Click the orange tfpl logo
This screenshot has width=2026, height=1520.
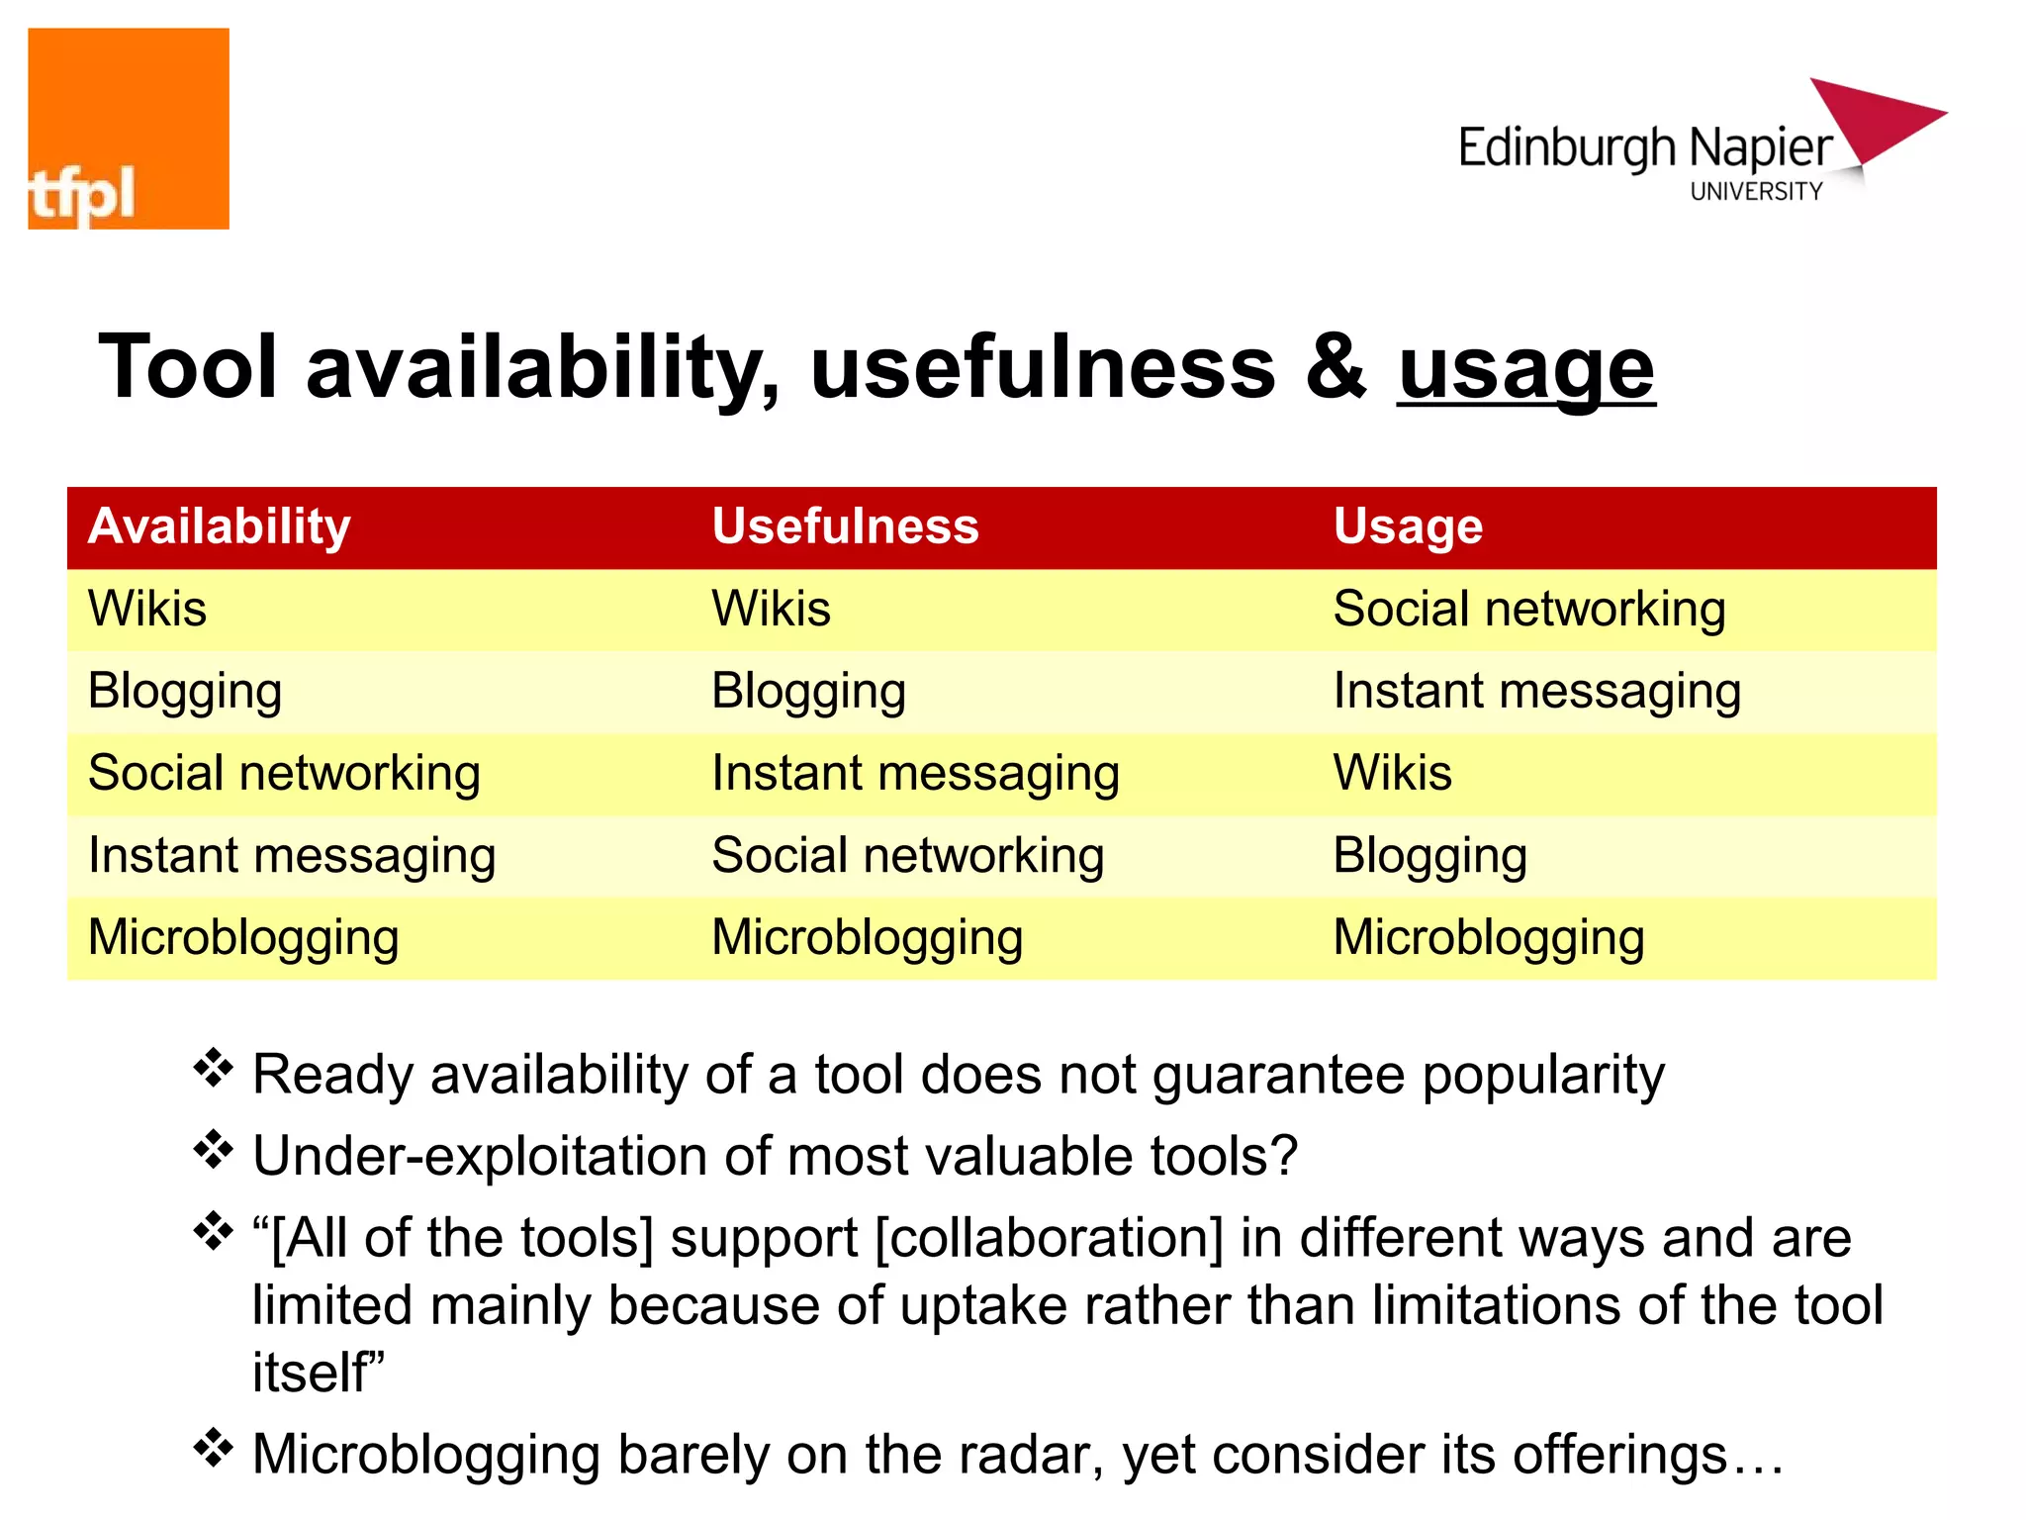pyautogui.click(x=129, y=129)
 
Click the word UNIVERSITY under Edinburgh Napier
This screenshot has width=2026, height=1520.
pyautogui.click(x=1756, y=192)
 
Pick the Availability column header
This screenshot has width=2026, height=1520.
pyautogui.click(x=220, y=526)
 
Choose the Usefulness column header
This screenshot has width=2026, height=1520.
pyautogui.click(x=845, y=526)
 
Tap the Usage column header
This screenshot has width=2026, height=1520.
pyautogui.click(x=1408, y=526)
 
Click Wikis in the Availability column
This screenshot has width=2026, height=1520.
pyautogui.click(x=147, y=609)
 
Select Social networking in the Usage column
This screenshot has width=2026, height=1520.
pyautogui.click(x=1529, y=609)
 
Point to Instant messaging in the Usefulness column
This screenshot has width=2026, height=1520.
pyautogui.click(x=915, y=774)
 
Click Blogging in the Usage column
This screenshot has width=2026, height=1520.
pyautogui.click(x=1430, y=856)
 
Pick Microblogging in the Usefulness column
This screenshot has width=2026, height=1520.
pyautogui.click(x=868, y=938)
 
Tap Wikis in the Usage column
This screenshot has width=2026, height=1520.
pyautogui.click(x=1393, y=774)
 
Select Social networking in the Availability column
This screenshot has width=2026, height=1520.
pyautogui.click(x=284, y=774)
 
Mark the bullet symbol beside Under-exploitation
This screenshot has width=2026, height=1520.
pyautogui.click(x=213, y=1150)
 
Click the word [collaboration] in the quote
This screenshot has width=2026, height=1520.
pyautogui.click(x=1050, y=1239)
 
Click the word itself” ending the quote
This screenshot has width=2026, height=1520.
pyautogui.click(x=318, y=1374)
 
